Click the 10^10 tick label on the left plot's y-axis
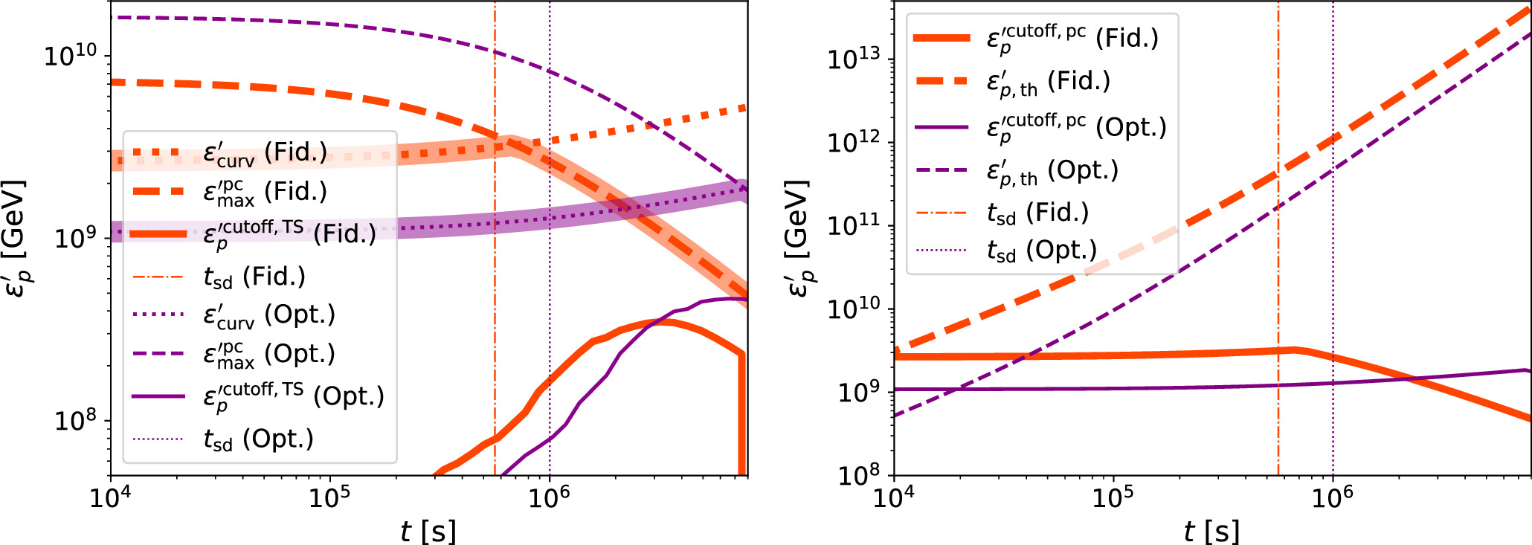pos(71,55)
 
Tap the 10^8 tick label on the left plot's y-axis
pos(76,420)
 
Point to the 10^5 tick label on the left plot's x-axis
pos(329,497)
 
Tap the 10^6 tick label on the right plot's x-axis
pos(1332,497)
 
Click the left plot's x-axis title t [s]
pos(428,531)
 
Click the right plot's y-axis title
pos(798,238)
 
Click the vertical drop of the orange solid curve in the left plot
pos(741,416)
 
